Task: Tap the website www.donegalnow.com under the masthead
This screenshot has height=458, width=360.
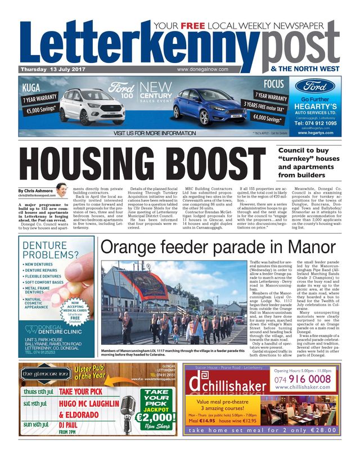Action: click(x=202, y=69)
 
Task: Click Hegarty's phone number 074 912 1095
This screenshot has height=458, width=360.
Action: click(x=316, y=123)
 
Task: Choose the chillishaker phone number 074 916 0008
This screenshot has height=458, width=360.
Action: click(x=303, y=379)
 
